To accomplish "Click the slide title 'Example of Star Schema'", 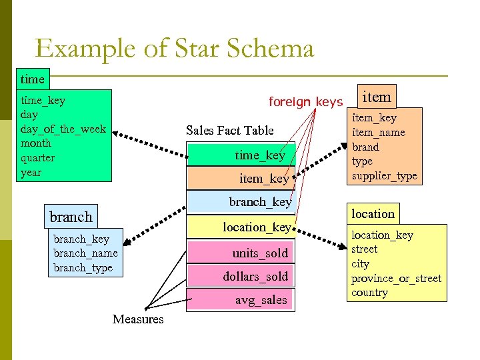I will pyautogui.click(x=174, y=49).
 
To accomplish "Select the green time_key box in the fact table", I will pyautogui.click(x=241, y=155).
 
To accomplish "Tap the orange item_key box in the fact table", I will pyautogui.click(x=241, y=178).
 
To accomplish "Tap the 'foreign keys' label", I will pyautogui.click(x=305, y=102).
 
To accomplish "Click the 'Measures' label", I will pyautogui.click(x=138, y=319).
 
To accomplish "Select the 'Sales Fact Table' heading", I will pyautogui.click(x=230, y=130).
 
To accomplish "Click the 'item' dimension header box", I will pyautogui.click(x=377, y=97).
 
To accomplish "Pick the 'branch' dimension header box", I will pyautogui.click(x=71, y=217).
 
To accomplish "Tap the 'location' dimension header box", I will pyautogui.click(x=373, y=213).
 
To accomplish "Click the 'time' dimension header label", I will pyautogui.click(x=32, y=79).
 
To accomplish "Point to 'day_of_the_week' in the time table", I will pyautogui.click(x=63, y=129).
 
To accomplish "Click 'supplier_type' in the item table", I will pyautogui.click(x=385, y=176).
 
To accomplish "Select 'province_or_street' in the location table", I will pyautogui.click(x=397, y=278).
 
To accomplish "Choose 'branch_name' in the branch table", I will pyautogui.click(x=85, y=253).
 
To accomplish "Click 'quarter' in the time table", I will pyautogui.click(x=38, y=157).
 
